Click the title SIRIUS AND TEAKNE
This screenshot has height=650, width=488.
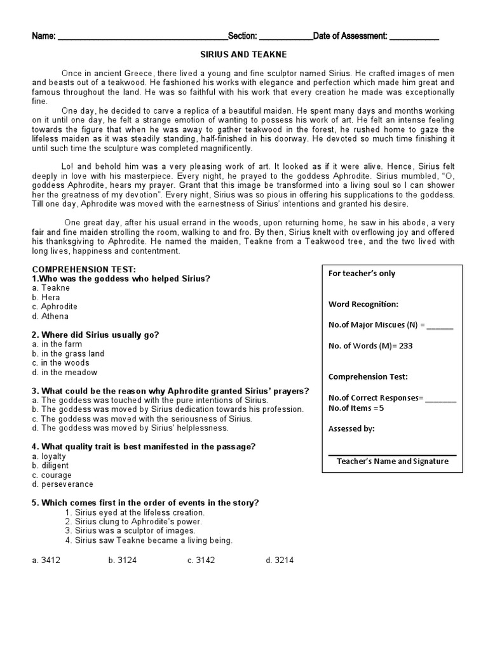coord(243,56)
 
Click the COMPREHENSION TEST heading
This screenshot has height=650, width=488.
coord(84,270)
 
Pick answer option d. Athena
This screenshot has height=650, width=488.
coord(50,316)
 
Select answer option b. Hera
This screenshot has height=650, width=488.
coord(46,297)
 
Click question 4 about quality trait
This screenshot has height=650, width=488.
coord(144,447)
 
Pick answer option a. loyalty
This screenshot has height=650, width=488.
coord(48,456)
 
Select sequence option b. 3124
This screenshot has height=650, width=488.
coord(121,560)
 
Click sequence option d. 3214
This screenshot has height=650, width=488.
coord(280,560)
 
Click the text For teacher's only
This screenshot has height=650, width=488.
coord(362,274)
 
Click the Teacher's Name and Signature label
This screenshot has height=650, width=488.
coord(392,461)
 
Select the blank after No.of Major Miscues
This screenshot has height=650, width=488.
coord(440,326)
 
